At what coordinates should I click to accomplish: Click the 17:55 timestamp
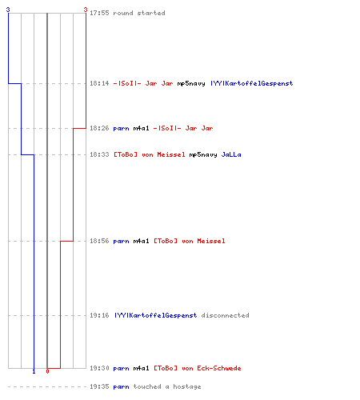click(x=99, y=13)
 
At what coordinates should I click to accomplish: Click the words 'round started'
click(x=139, y=13)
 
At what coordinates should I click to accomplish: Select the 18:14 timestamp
click(x=99, y=83)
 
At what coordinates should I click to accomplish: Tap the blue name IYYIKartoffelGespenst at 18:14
click(x=252, y=83)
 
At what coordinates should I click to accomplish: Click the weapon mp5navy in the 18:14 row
click(x=191, y=84)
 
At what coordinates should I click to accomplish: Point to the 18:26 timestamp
click(x=99, y=128)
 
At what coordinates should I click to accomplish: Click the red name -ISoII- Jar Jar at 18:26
click(x=183, y=128)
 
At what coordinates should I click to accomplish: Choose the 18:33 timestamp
click(x=99, y=154)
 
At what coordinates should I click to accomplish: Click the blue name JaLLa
click(x=231, y=154)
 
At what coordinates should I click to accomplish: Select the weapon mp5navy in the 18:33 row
click(x=203, y=155)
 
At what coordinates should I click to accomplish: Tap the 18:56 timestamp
click(x=99, y=241)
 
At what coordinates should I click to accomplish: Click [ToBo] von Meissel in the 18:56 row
click(x=190, y=241)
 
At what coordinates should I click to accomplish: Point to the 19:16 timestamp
click(x=99, y=315)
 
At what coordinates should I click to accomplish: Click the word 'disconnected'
click(x=226, y=315)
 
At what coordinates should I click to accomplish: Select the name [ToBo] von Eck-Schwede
click(x=198, y=368)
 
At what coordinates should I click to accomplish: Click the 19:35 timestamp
click(x=99, y=386)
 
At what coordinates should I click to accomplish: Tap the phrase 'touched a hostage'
click(x=167, y=386)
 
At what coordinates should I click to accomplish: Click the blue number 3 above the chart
click(x=8, y=10)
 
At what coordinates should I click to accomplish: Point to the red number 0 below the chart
click(x=47, y=371)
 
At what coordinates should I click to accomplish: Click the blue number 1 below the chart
click(x=34, y=371)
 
